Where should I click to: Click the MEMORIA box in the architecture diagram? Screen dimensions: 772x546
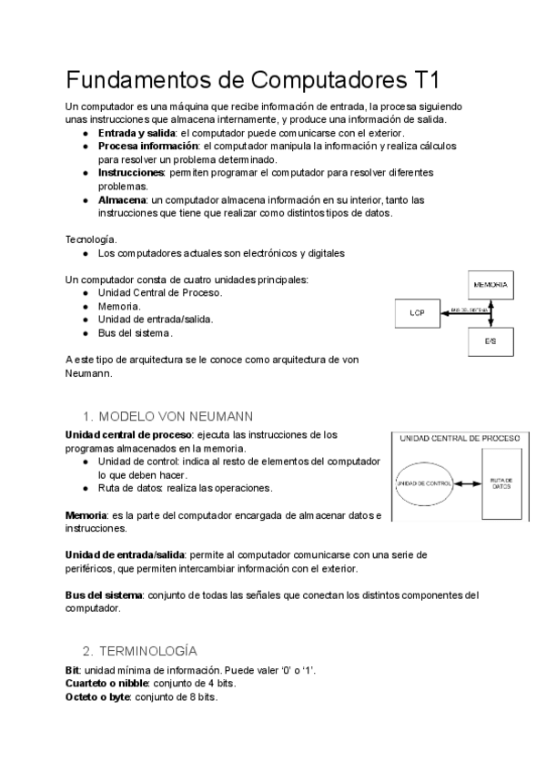coord(490,284)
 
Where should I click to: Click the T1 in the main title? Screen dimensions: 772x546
coord(422,79)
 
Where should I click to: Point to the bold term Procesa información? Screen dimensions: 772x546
coord(147,146)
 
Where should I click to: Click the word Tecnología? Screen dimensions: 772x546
coord(92,239)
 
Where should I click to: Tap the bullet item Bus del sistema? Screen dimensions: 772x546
coord(135,333)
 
